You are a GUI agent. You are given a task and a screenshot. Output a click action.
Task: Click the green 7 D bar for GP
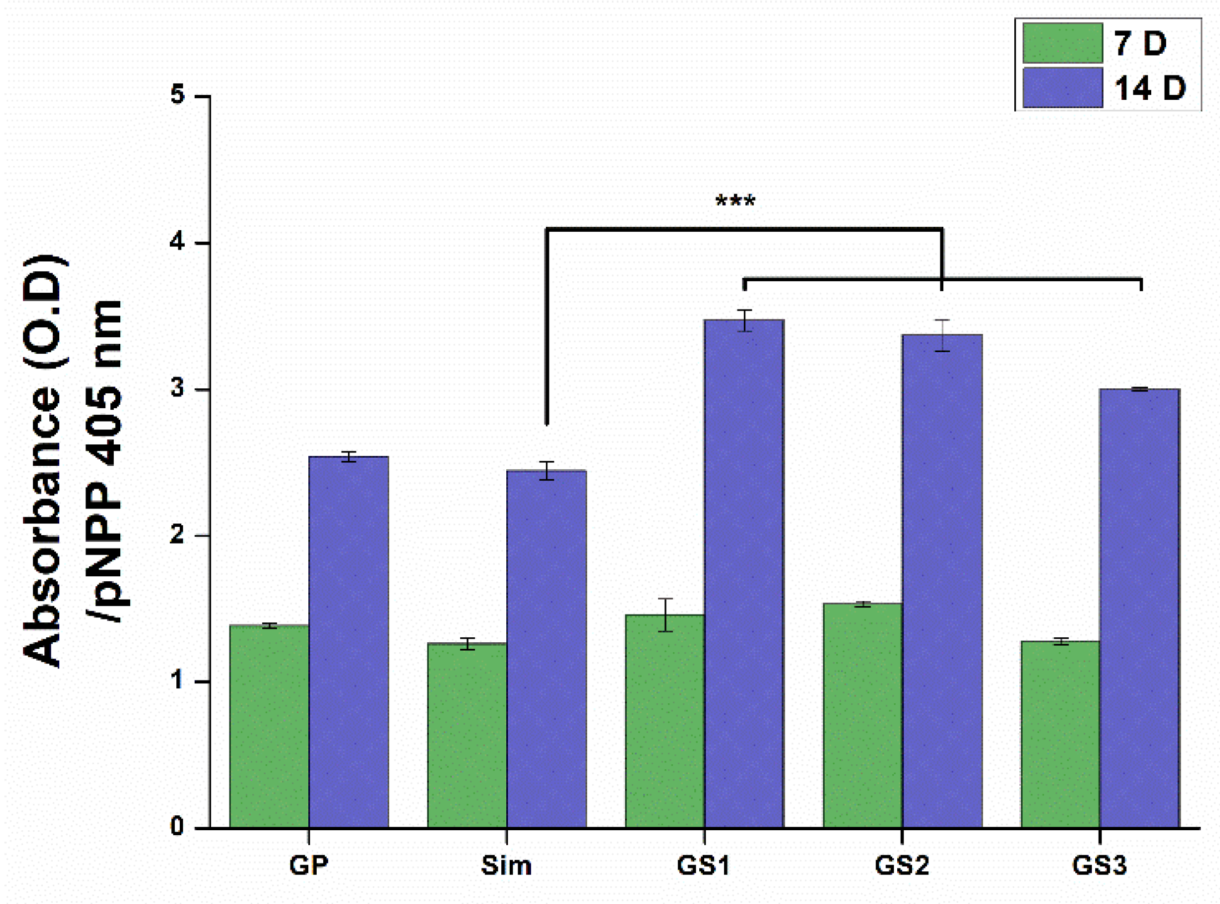pos(269,727)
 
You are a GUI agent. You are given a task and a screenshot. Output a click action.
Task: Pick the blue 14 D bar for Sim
pos(546,649)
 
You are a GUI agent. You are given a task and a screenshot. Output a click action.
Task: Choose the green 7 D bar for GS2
pos(862,715)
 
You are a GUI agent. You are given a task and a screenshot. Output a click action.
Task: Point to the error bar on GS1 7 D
pos(665,615)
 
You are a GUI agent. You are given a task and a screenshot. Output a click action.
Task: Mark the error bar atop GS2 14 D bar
pos(942,336)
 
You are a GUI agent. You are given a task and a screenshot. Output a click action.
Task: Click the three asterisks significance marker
pos(735,201)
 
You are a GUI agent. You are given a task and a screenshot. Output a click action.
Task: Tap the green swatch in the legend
pos(1062,43)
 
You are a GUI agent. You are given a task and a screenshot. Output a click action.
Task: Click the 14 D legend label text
pos(1150,88)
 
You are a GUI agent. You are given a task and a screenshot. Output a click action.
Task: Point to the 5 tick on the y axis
pos(177,95)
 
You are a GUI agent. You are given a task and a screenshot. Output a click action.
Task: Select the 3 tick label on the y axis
pos(177,388)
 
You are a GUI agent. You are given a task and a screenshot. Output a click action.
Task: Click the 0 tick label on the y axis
pos(177,826)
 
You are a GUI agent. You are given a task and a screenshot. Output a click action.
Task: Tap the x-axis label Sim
pos(506,866)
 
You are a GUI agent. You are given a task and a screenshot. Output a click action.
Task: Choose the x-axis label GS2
pos(902,866)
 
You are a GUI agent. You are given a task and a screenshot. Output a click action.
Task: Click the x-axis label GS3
pos(1099,866)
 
